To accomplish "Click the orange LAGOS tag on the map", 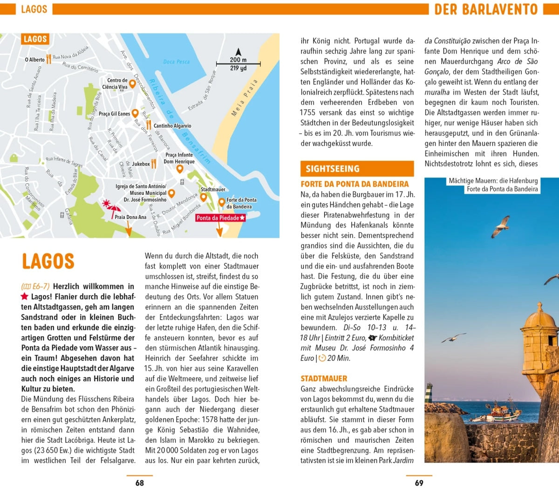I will click(35, 39).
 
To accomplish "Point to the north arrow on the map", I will click(238, 52).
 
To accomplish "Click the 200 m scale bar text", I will click(238, 60).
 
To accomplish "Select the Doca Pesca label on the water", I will click(177, 62).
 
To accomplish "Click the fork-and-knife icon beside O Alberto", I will click(48, 59).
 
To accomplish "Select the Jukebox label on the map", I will click(141, 164).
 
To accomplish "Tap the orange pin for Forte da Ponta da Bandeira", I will click(222, 202).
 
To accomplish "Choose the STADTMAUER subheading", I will click(324, 378).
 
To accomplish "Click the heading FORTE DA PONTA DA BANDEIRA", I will click(354, 184).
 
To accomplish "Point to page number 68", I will click(140, 483).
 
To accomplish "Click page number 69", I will click(419, 483).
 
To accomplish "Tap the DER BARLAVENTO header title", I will click(486, 9).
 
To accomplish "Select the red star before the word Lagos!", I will click(25, 296).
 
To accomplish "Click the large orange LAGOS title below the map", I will click(48, 261).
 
